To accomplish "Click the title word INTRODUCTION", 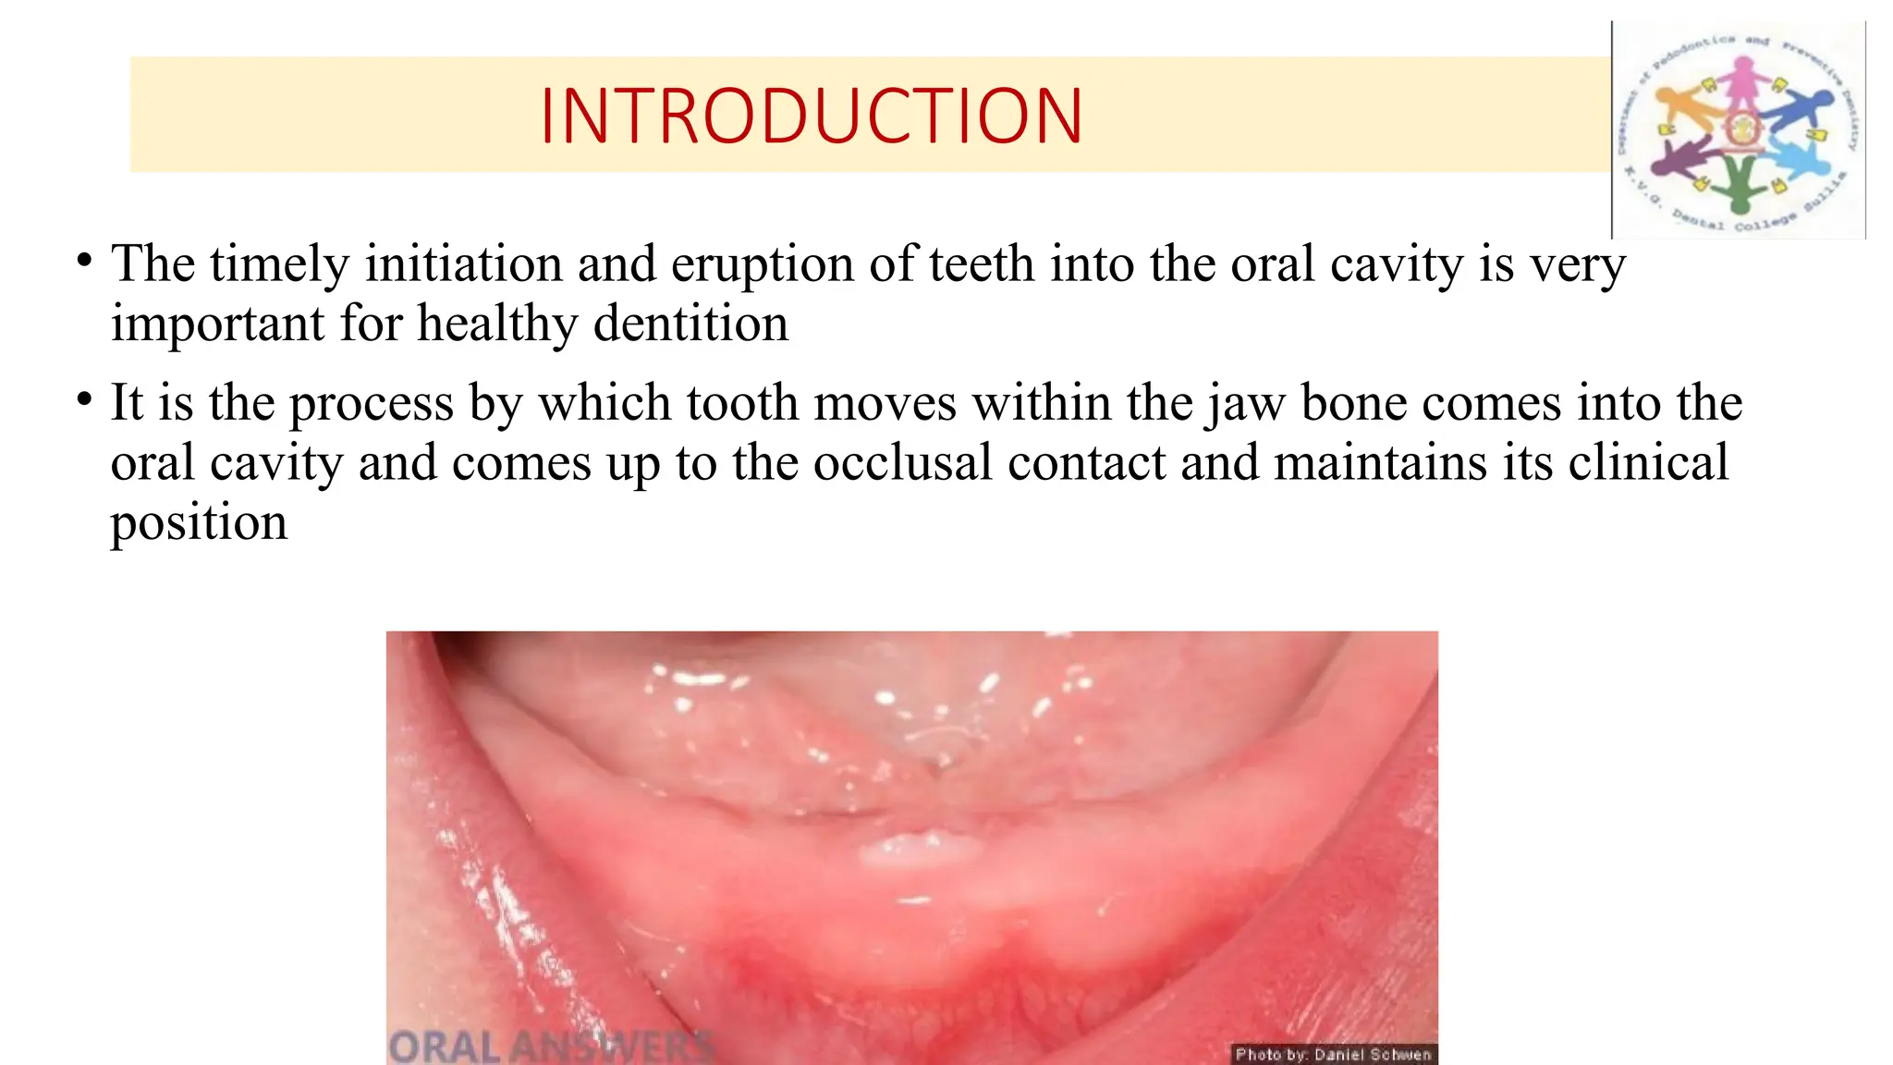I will click(x=811, y=116).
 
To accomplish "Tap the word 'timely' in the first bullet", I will click(x=279, y=264).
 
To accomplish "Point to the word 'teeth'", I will click(x=981, y=264).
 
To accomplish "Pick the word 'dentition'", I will click(x=690, y=324).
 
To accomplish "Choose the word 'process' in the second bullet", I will click(x=372, y=405).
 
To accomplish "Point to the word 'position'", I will click(x=199, y=523).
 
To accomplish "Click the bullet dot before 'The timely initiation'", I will click(x=84, y=261).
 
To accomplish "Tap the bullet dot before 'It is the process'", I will click(x=84, y=400).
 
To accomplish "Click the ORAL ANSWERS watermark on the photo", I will click(x=551, y=1047).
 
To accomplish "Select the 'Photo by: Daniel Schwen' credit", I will click(x=1333, y=1054).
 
